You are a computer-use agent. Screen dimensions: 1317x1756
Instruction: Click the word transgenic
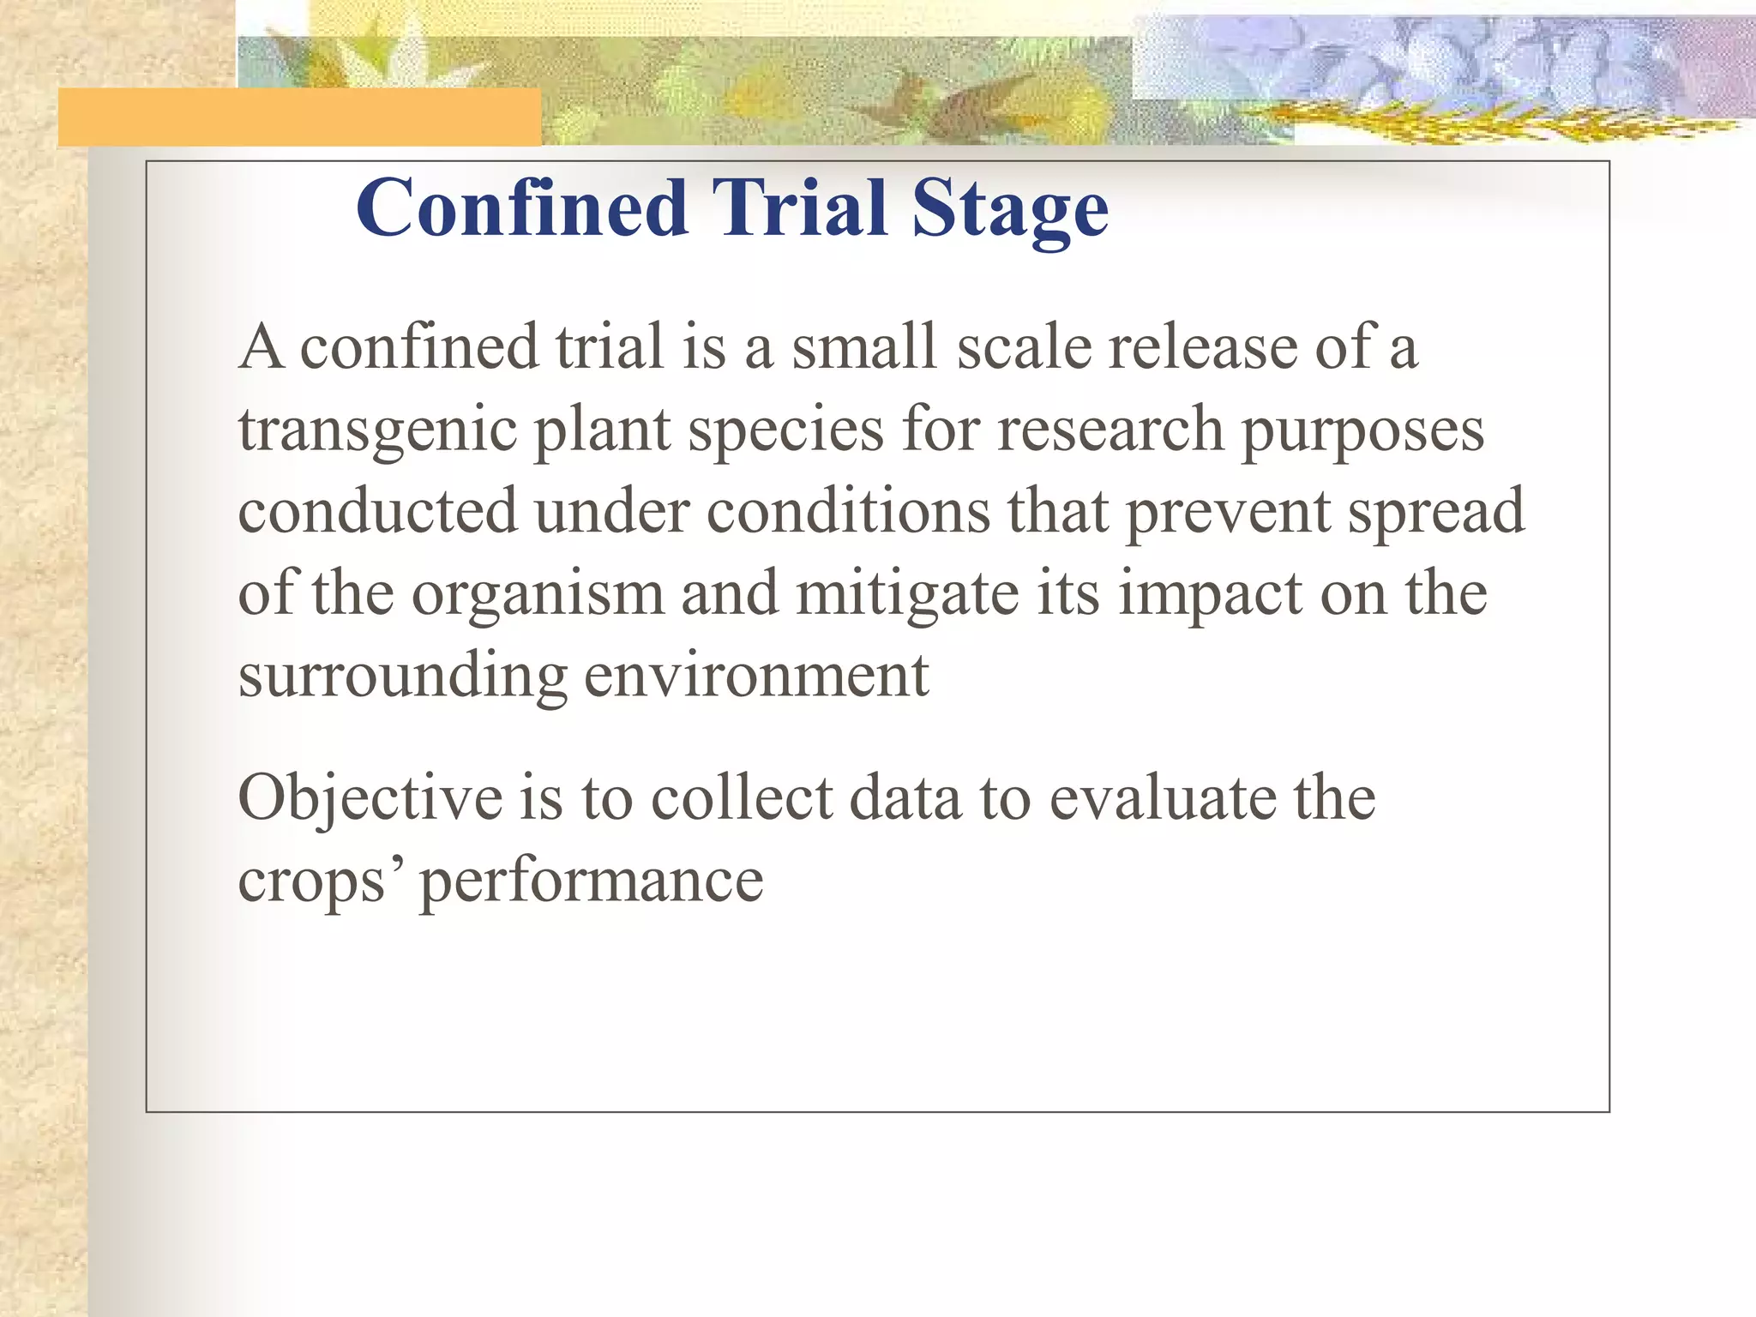pos(377,430)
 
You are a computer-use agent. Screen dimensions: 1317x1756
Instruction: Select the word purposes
pos(1362,430)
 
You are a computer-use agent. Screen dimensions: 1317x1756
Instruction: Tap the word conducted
pos(377,512)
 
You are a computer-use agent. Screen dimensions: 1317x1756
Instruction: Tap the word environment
pos(756,676)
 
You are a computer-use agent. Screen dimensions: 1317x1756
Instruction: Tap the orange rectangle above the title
pos(299,117)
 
